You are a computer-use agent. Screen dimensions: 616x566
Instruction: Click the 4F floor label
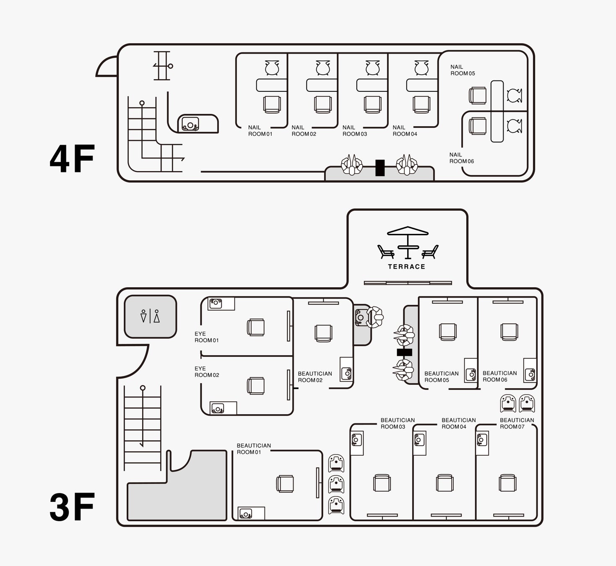[72, 159]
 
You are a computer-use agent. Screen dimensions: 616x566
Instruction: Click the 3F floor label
[72, 508]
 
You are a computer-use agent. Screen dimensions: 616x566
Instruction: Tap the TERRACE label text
[406, 267]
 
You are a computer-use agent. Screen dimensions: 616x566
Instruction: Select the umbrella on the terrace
[408, 231]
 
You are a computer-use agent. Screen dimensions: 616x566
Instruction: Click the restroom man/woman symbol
[150, 316]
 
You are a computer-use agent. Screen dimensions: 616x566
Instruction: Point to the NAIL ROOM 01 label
[260, 131]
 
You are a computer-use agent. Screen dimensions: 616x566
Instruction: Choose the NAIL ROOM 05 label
[463, 70]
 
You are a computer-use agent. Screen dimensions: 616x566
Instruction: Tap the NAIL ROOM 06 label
[461, 158]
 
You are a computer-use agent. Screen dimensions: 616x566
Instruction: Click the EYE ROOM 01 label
[206, 337]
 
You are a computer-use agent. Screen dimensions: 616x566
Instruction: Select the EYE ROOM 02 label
[206, 372]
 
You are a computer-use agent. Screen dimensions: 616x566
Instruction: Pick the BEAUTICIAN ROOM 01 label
[254, 449]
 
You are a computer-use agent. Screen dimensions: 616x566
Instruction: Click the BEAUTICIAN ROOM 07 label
[517, 423]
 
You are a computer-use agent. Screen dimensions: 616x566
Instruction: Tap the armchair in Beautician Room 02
[323, 333]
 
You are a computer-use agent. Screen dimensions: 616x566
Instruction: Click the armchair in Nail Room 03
[373, 104]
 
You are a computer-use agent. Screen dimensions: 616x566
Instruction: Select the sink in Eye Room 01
[216, 303]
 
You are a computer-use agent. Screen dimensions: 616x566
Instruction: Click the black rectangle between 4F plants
[380, 168]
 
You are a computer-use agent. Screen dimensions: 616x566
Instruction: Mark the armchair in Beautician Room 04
[444, 483]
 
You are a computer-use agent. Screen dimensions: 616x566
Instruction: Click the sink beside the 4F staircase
[190, 124]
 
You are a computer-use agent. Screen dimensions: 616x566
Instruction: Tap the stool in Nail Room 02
[322, 68]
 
